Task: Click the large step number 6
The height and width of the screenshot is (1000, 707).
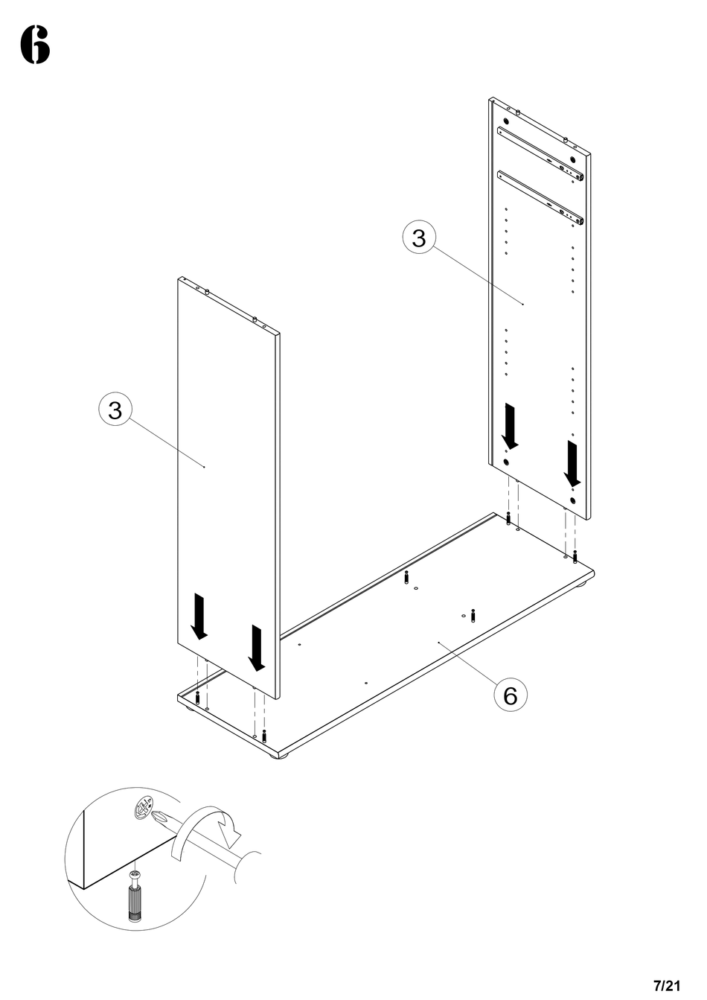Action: (x=35, y=45)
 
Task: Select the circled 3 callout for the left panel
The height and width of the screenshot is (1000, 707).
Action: (x=115, y=410)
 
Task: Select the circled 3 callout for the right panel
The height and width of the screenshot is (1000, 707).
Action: (x=420, y=238)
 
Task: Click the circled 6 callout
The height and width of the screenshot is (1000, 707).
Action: (x=510, y=695)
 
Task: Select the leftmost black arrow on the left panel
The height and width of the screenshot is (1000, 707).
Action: (x=199, y=616)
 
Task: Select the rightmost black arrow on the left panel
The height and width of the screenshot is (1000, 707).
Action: (x=257, y=646)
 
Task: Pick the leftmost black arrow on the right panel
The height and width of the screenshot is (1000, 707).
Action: (x=511, y=426)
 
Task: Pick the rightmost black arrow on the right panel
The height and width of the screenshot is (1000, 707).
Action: (x=573, y=462)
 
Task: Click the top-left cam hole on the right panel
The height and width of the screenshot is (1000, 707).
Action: (x=506, y=121)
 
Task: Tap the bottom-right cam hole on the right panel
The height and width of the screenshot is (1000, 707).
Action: (x=574, y=501)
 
